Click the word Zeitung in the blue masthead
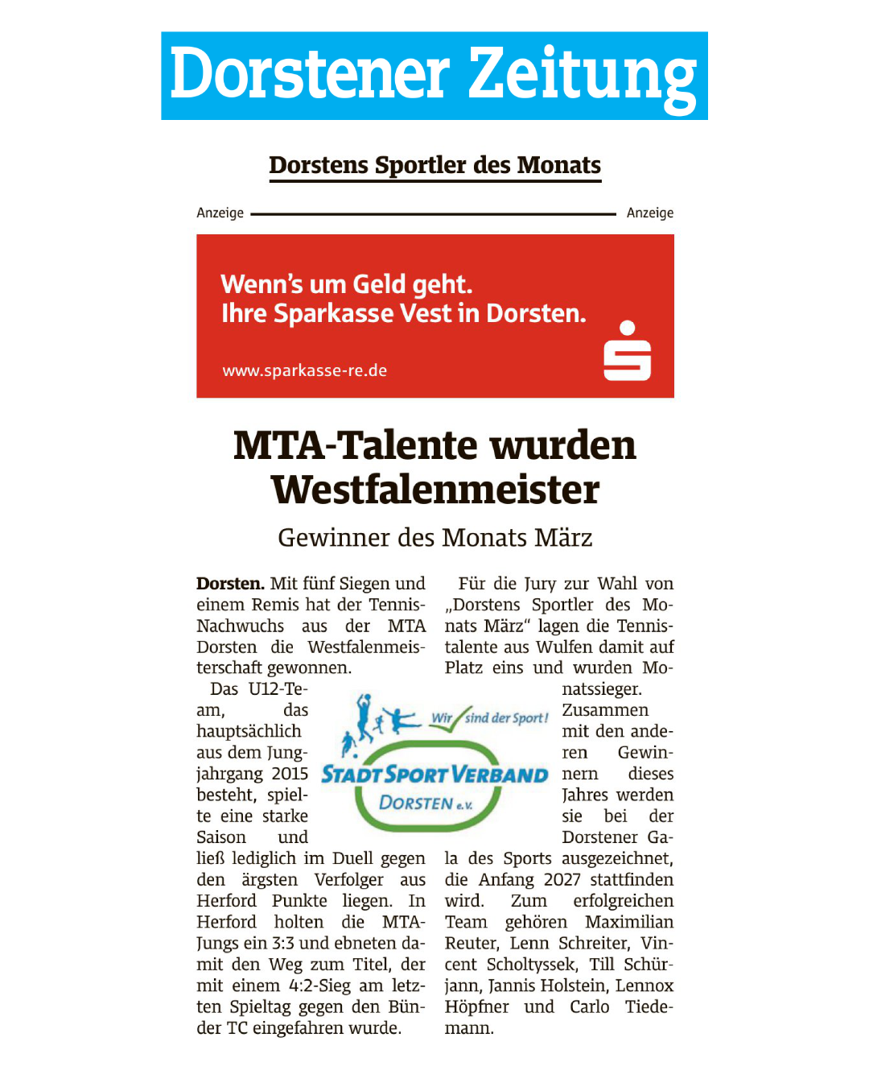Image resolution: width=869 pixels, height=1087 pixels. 582,76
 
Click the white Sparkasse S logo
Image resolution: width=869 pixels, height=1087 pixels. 627,352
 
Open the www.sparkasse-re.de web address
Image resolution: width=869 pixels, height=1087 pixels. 304,370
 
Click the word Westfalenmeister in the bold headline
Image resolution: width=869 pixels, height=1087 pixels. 434,490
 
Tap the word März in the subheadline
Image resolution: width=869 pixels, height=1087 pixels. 564,537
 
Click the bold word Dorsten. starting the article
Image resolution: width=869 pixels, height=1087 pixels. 230,584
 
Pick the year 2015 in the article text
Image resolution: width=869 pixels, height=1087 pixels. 290,774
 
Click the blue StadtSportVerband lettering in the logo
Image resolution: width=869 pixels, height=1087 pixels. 434,775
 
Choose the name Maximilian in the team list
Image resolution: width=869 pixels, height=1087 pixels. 629,922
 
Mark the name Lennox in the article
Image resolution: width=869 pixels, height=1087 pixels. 645,986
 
